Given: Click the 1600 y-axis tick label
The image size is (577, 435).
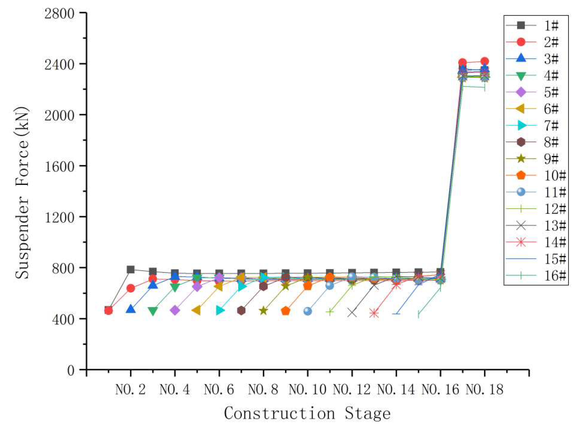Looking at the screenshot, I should coord(59,166).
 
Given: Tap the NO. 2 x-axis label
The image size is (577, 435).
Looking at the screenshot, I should coord(130,390).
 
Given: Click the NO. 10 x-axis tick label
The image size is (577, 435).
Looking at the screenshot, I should coord(308,390).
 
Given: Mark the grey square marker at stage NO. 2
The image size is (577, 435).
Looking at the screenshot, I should coord(130,270).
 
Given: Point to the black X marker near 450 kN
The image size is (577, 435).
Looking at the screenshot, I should coord(352,313).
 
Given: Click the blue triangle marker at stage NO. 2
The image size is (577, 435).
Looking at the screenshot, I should coord(131,309).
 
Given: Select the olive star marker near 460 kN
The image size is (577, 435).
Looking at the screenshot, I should coord(263,311).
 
